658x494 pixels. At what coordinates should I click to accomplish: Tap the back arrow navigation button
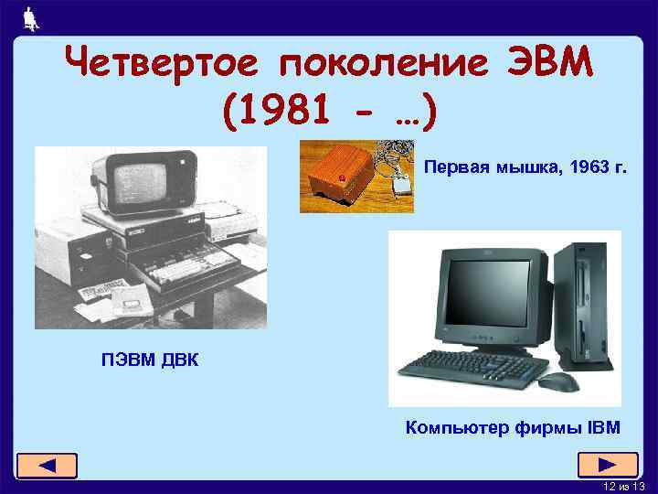47,466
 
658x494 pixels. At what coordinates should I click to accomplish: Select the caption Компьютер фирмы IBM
512,426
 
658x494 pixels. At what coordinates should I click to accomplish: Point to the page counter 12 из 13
624,485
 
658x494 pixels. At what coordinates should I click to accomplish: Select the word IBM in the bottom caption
604,426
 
